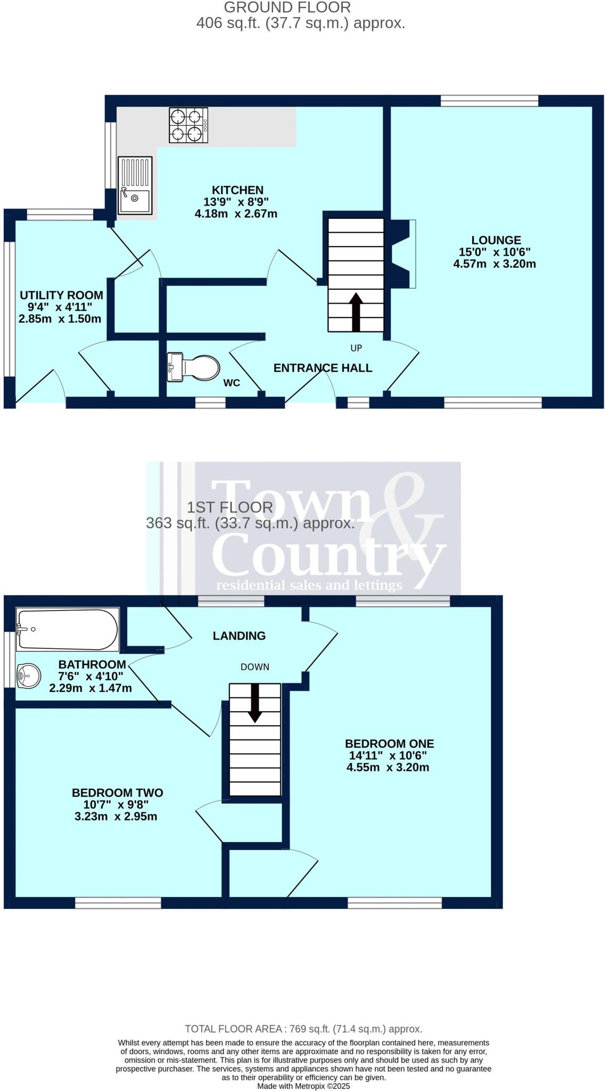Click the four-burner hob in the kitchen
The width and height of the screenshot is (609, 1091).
pyautogui.click(x=188, y=125)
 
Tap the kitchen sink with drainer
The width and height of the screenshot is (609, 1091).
pyautogui.click(x=135, y=185)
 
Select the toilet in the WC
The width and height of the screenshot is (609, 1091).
pyautogui.click(x=194, y=368)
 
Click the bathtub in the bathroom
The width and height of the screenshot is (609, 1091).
pyautogui.click(x=68, y=629)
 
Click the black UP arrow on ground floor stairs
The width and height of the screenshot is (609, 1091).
pyautogui.click(x=356, y=312)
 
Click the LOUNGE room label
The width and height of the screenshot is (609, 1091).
pyautogui.click(x=496, y=240)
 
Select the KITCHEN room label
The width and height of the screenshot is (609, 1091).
pyautogui.click(x=237, y=190)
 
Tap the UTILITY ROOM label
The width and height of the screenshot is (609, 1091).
pyautogui.click(x=61, y=295)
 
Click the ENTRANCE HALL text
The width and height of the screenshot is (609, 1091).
pyautogui.click(x=323, y=368)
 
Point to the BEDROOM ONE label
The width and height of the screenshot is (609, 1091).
pyautogui.click(x=389, y=744)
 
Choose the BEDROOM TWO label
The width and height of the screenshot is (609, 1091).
pyautogui.click(x=117, y=793)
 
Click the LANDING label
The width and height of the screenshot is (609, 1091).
pyautogui.click(x=239, y=636)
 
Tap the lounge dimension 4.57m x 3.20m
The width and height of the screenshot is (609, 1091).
pyautogui.click(x=495, y=264)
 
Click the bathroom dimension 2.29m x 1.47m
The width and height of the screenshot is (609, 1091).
pyautogui.click(x=90, y=688)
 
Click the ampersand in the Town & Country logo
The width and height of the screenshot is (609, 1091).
pyautogui.click(x=410, y=527)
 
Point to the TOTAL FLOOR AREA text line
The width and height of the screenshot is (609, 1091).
pyautogui.click(x=303, y=1029)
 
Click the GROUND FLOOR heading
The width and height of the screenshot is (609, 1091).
pyautogui.click(x=287, y=7)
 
